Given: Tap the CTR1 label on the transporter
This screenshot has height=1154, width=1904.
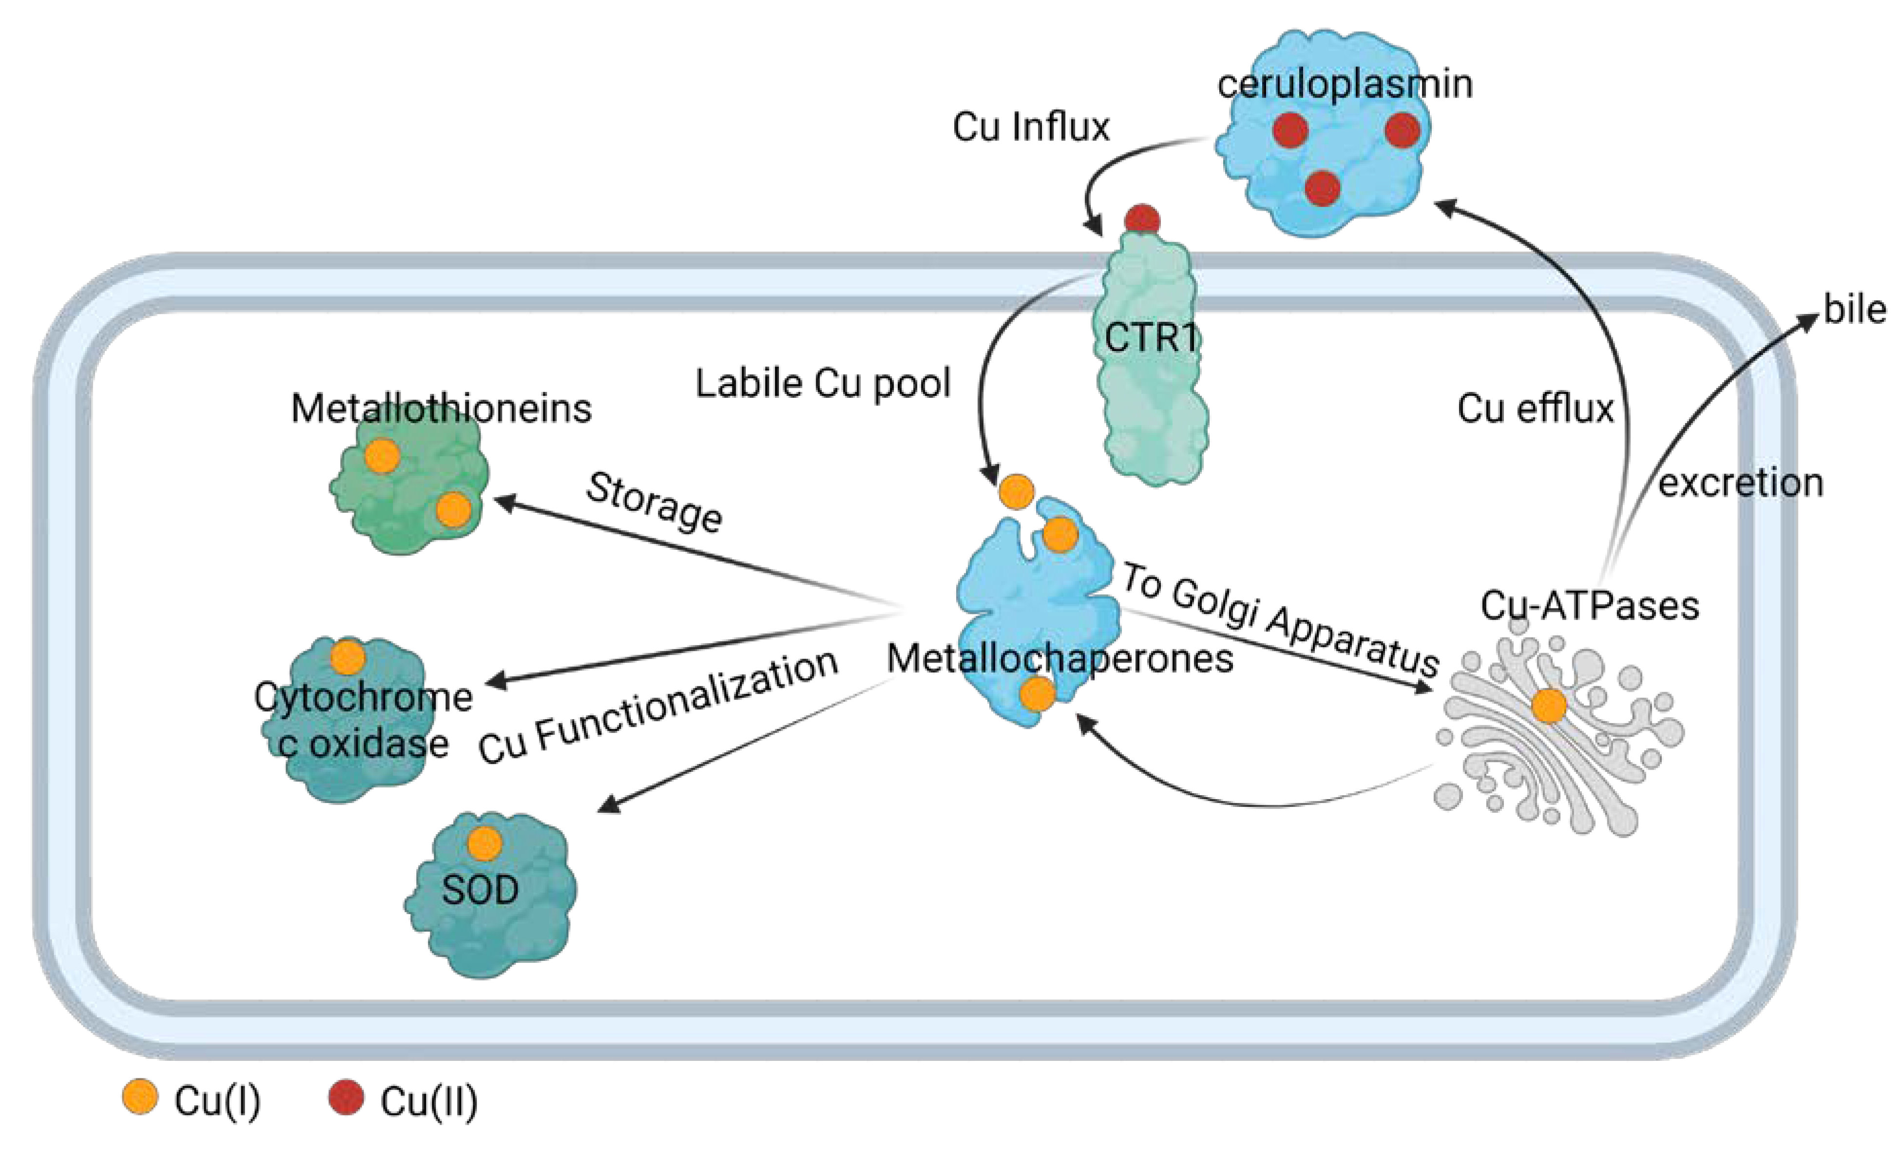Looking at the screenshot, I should (1152, 338).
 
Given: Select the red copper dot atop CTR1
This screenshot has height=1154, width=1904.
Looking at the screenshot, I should (1142, 219).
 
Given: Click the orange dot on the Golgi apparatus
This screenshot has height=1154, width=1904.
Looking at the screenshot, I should (1549, 705).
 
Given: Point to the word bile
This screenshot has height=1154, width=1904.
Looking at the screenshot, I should (1855, 310).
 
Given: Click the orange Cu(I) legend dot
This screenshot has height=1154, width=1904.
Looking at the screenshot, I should (140, 1097).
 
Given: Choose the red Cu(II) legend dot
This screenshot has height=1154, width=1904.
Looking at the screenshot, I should (346, 1097).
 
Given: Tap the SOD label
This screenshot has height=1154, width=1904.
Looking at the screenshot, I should (480, 890).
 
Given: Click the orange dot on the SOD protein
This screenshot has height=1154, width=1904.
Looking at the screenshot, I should (484, 844).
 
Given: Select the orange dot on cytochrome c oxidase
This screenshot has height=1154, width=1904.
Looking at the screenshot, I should (348, 658).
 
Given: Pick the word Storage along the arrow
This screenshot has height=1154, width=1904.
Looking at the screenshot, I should (654, 503).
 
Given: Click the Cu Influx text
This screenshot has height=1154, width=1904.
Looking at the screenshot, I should (1030, 127).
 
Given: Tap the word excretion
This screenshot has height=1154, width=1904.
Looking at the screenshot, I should (1740, 483).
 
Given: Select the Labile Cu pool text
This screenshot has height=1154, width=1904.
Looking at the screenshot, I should (822, 383).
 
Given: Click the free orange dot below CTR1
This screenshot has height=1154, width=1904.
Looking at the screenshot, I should (1016, 491).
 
